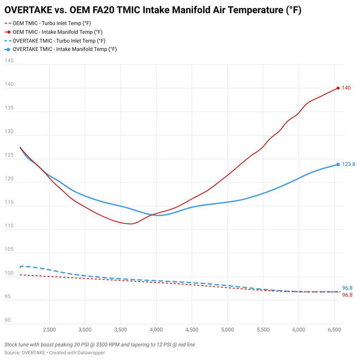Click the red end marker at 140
[x=338, y=88]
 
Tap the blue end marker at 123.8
[x=338, y=165]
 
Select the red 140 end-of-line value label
[x=346, y=88]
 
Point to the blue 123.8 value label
[x=349, y=164]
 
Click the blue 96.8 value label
[x=347, y=288]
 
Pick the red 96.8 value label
[x=347, y=295]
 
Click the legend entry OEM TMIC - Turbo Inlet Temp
[x=48, y=24]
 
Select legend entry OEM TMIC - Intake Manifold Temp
[x=53, y=32]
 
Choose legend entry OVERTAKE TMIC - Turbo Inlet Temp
[x=55, y=41]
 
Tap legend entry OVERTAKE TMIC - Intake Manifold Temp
[x=61, y=49]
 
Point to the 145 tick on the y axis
[x=9, y=61]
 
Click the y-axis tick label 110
[x=9, y=226]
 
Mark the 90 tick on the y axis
[x=7, y=320]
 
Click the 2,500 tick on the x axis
[x=49, y=330]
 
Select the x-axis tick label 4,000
[x=156, y=330]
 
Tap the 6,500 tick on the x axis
[x=334, y=330]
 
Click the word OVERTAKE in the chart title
[x=28, y=10]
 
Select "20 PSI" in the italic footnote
[x=82, y=345]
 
